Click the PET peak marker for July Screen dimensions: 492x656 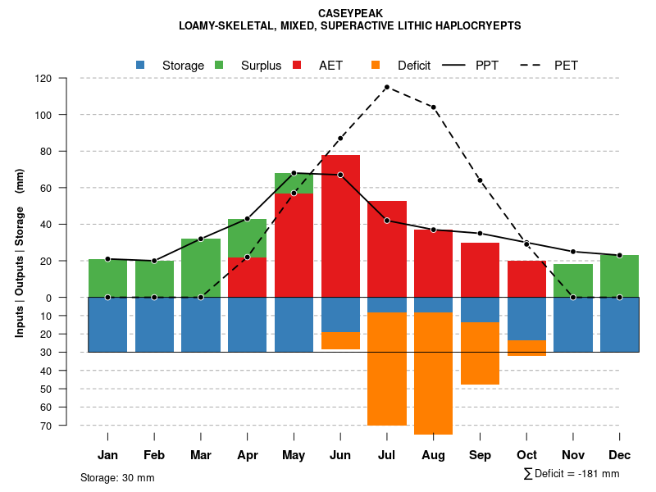(386, 87)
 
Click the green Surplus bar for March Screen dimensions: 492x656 (201, 267)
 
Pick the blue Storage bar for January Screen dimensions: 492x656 (107, 325)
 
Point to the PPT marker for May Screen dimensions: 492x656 (294, 173)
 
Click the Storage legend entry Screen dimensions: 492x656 (171, 66)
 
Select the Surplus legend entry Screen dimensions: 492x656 (250, 66)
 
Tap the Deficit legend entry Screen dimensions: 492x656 (402, 66)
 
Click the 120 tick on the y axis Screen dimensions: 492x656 (43, 79)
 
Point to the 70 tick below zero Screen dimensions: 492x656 (46, 426)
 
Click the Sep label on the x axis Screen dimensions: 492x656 (480, 455)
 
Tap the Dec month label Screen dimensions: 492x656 (620, 455)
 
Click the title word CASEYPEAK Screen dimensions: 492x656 (349, 14)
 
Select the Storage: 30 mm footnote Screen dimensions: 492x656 (117, 477)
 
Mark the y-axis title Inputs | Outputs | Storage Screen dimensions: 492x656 (20, 253)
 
